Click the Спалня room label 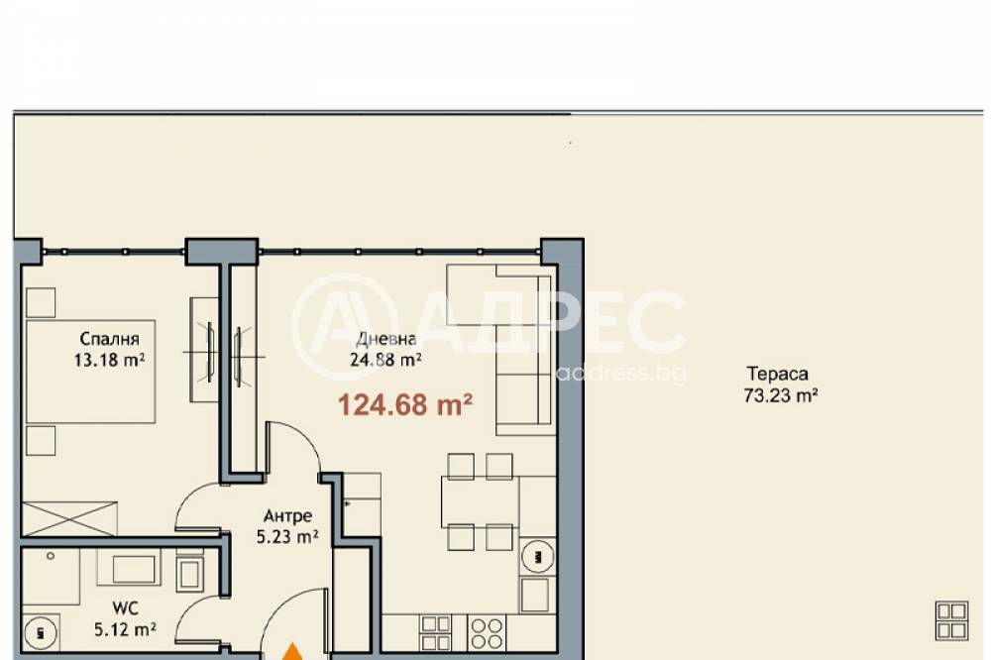[109, 340]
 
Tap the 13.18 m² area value [109, 361]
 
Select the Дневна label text [386, 340]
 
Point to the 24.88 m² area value [386, 360]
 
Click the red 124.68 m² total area [405, 404]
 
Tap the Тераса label [777, 374]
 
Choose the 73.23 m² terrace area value [781, 395]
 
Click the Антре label [287, 516]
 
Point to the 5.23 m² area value [287, 537]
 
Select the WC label [125, 608]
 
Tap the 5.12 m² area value [125, 629]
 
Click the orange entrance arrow [292, 652]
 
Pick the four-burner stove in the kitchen [487, 633]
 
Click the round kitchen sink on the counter [537, 557]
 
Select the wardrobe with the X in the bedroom [69, 519]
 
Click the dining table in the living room [480, 502]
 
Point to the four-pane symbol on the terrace [951, 620]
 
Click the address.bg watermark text [621, 373]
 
